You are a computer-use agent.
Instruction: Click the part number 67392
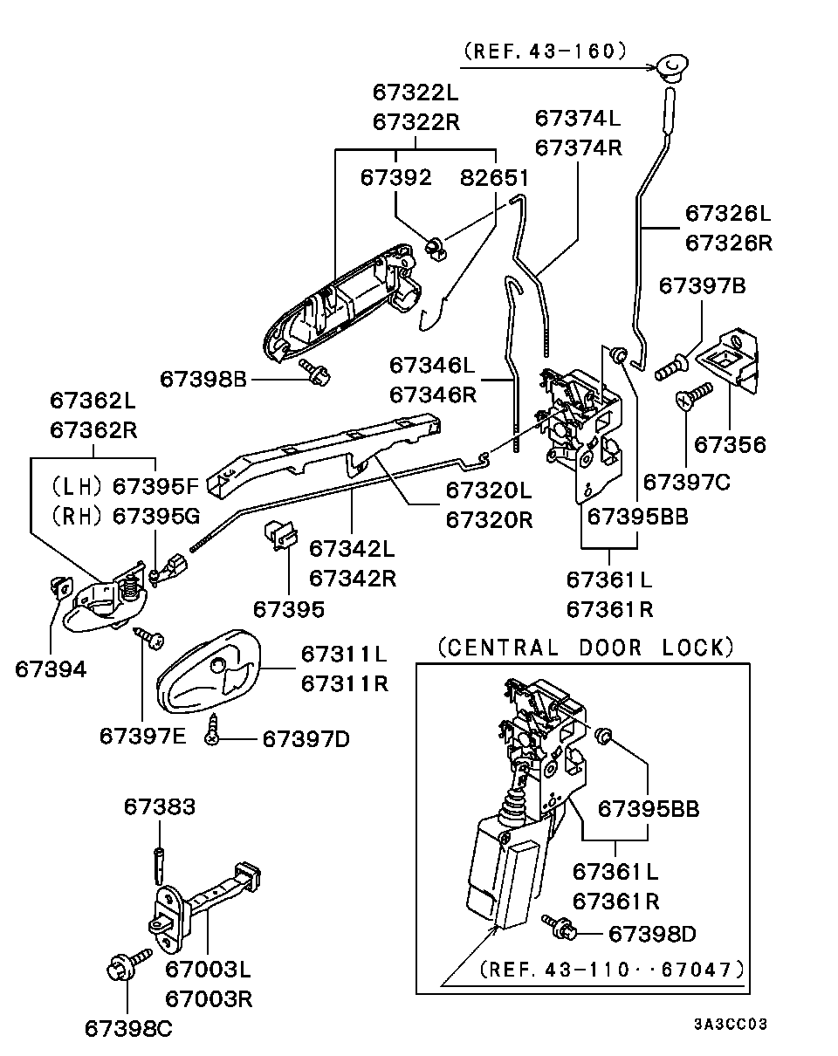(x=395, y=178)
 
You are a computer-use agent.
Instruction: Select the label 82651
(x=495, y=178)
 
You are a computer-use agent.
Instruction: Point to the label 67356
(x=730, y=445)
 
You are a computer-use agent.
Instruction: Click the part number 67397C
(x=686, y=481)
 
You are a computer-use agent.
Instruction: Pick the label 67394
(x=51, y=669)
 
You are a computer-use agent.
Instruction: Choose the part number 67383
(x=159, y=807)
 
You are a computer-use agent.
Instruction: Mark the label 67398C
(x=128, y=1028)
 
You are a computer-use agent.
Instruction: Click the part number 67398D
(x=652, y=934)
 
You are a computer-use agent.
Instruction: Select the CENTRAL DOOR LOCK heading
(x=583, y=648)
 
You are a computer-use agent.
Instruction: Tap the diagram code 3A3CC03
(x=731, y=1024)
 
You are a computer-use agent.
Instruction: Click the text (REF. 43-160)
(x=546, y=51)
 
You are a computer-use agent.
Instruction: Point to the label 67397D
(x=306, y=739)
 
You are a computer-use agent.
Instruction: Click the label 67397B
(x=702, y=285)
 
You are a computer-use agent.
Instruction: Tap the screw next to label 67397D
(x=212, y=731)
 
